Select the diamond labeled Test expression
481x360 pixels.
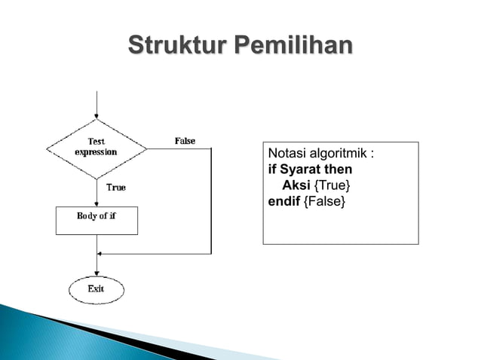[x=97, y=148]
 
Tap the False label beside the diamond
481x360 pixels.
[x=185, y=141]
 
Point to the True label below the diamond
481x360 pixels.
[x=115, y=188]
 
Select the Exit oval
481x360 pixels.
[x=97, y=289]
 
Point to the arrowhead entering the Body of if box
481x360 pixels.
[x=97, y=203]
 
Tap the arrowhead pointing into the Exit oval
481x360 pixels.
[x=97, y=273]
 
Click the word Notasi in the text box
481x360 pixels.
[x=286, y=155]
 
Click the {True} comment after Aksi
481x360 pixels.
[x=332, y=185]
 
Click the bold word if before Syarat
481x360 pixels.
[x=271, y=170]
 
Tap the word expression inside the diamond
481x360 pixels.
[x=96, y=151]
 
